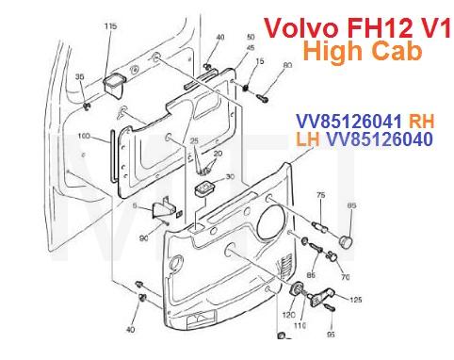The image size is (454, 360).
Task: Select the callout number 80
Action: tap(287, 65)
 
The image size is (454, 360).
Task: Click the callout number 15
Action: tap(260, 60)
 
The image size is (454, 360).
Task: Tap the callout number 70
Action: tap(345, 279)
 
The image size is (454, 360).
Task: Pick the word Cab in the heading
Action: tap(397, 52)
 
